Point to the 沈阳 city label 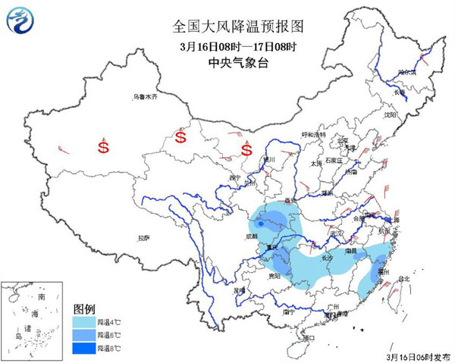coord(390,115)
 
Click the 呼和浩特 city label coord(312,134)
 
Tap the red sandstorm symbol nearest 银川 coord(246,149)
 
